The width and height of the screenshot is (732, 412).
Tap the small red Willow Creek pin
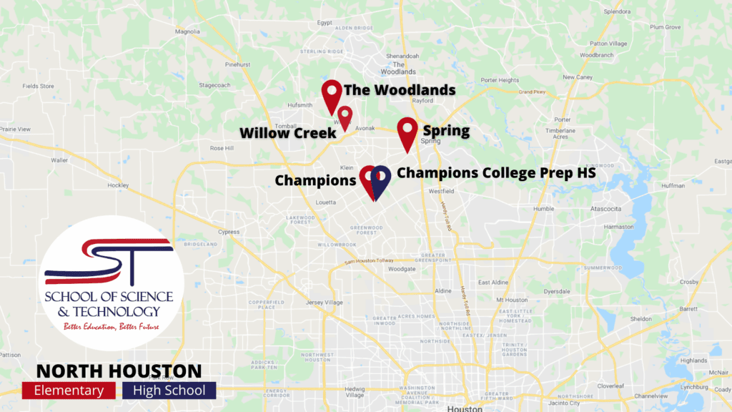345,116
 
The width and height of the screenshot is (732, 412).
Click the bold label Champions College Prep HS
496,172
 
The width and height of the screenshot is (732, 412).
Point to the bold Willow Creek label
287,133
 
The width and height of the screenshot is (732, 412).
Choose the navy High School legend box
169,390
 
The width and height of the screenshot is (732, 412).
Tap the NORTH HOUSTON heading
119,371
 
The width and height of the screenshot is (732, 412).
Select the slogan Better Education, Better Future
111,326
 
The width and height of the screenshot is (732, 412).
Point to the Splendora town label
618,11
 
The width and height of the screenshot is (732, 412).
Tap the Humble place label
543,208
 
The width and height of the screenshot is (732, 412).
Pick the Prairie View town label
15,129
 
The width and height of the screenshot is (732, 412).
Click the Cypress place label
229,232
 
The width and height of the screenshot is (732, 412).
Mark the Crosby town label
689,283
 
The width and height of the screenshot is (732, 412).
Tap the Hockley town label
117,185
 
